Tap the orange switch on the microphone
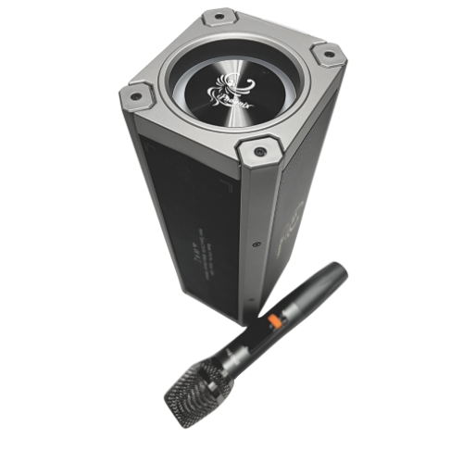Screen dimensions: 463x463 (274, 322)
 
